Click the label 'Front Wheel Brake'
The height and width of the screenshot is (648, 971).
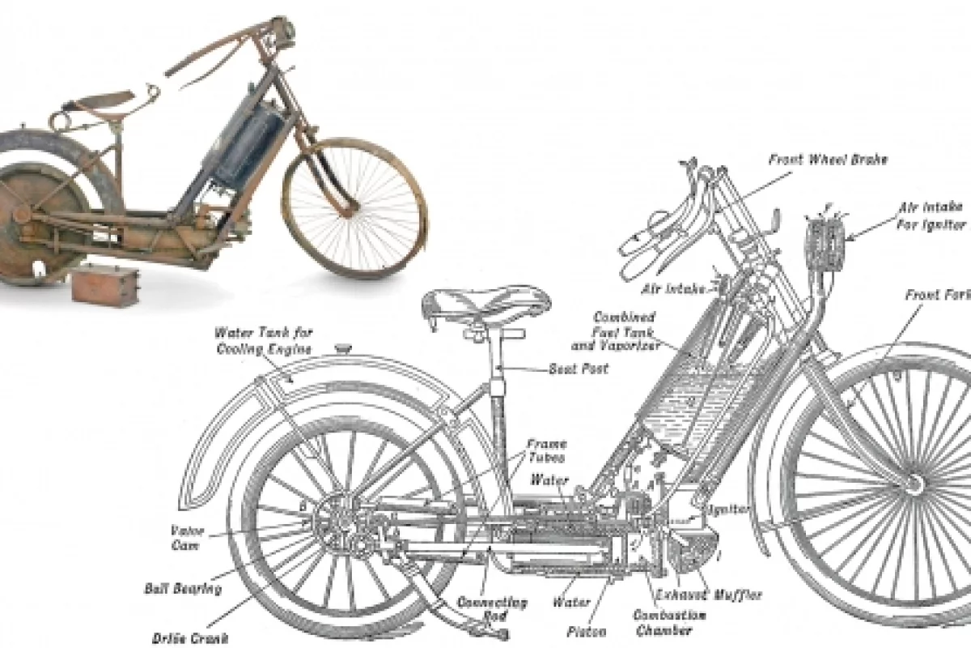click(827, 160)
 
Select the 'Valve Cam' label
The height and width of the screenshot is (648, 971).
click(186, 538)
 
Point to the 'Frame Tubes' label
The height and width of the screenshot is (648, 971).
click(547, 450)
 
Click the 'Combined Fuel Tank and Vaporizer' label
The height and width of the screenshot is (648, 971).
click(624, 330)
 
